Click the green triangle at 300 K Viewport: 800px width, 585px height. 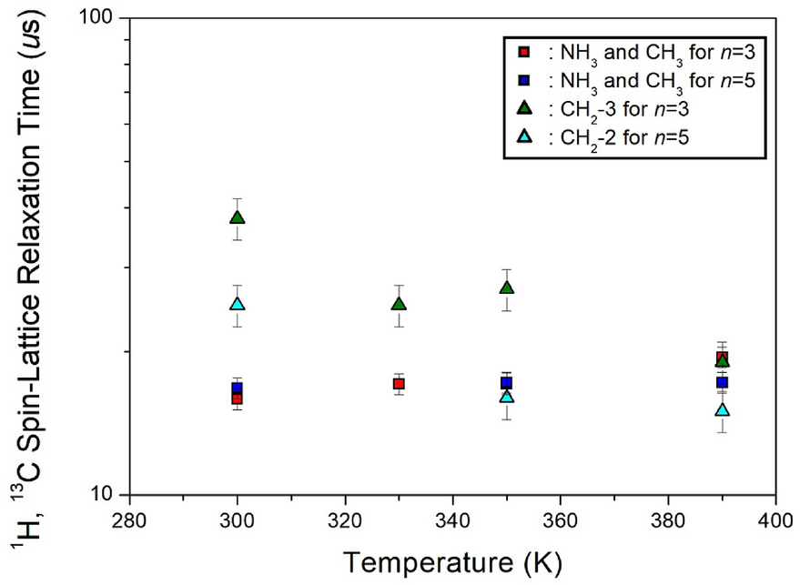[x=237, y=217]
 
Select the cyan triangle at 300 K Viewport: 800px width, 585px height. [x=237, y=304]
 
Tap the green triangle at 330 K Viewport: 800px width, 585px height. [x=399, y=304]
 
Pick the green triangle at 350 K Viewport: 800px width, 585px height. [x=506, y=287]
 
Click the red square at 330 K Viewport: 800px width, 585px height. [x=399, y=384]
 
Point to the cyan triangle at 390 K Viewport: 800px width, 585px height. [x=722, y=409]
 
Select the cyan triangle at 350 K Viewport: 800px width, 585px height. [x=506, y=397]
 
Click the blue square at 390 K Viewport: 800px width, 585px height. [x=722, y=382]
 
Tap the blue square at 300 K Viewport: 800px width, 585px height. [x=237, y=388]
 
